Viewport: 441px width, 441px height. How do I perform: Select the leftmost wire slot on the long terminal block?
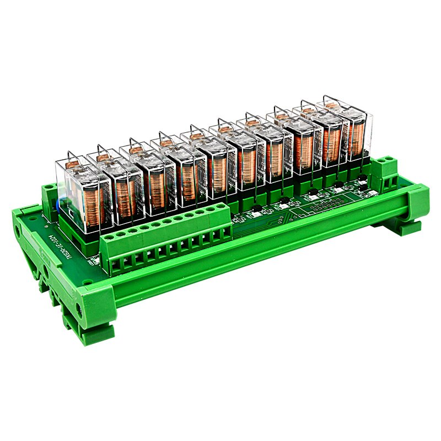[116, 266]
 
